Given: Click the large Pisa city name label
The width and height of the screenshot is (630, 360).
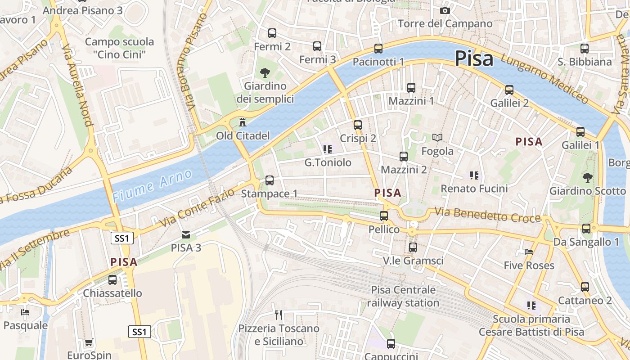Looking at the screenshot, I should point(473,58).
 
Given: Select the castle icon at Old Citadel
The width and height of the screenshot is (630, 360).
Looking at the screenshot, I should point(243,122).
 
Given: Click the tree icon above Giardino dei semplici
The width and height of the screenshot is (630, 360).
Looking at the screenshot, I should point(264,72).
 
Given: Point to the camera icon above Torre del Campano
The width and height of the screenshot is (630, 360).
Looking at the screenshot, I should point(445,10).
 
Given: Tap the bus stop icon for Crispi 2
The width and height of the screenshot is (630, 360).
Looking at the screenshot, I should point(358,125).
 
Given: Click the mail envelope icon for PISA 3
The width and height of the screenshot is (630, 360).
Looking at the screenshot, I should point(185,234).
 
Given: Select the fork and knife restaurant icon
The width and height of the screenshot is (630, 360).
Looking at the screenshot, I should point(279,315).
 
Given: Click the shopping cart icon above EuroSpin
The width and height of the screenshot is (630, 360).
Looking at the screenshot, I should point(89,342).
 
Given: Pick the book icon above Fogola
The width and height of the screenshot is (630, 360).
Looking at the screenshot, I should point(437,137).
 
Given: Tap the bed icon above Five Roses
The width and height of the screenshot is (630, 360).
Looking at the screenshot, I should point(529,252).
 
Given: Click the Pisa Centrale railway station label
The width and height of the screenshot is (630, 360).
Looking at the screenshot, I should point(403,296).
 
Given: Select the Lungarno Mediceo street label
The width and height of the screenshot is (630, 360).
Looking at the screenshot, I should point(544,79).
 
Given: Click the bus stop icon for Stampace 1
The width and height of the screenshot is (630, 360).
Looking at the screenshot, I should point(269,180).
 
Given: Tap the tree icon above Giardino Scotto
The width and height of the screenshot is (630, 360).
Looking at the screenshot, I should point(587,177).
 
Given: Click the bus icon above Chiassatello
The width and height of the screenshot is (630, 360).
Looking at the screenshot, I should point(112,279).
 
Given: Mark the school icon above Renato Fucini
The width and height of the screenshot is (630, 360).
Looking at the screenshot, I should point(474,175).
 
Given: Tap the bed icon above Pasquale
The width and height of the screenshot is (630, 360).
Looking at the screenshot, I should point(25,312).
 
